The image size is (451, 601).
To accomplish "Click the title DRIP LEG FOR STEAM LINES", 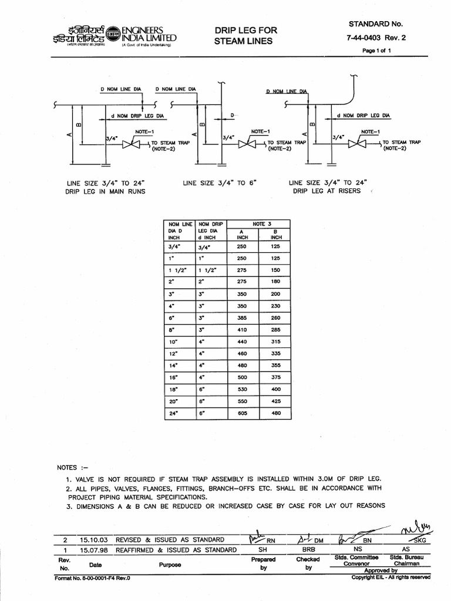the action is pyautogui.click(x=245, y=35).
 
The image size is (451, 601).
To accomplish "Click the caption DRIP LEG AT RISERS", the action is pyautogui.click(x=327, y=192).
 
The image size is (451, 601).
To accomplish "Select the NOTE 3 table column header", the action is pyautogui.click(x=259, y=224).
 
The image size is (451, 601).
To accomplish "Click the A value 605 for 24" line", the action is pyautogui.click(x=242, y=414).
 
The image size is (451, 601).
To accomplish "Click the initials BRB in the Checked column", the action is pyautogui.click(x=308, y=550).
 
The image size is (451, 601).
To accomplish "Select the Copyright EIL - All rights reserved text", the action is pyautogui.click(x=390, y=578).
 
